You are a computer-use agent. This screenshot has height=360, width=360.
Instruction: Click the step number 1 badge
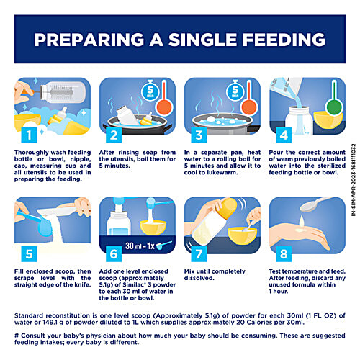[x=29, y=135]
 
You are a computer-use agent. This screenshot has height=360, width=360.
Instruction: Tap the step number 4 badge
[x=284, y=135]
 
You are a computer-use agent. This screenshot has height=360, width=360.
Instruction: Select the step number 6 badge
[x=114, y=254]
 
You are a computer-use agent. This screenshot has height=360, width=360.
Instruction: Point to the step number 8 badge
[x=284, y=254]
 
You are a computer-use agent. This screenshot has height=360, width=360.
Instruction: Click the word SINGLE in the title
[x=202, y=40]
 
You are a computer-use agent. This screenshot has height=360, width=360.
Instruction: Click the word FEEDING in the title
[x=284, y=40]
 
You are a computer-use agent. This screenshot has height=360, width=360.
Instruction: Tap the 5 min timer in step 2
[x=150, y=91]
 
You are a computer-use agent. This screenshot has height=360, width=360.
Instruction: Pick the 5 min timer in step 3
[x=235, y=91]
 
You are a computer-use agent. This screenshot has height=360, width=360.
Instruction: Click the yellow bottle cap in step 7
[x=228, y=208]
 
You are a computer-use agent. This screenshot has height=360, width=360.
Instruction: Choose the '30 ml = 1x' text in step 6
[x=140, y=246]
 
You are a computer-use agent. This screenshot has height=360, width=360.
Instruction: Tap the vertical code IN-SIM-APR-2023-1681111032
[x=354, y=180]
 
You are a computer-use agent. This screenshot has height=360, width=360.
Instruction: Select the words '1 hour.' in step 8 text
[x=279, y=292]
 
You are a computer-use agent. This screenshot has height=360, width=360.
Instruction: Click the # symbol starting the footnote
[x=17, y=336]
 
